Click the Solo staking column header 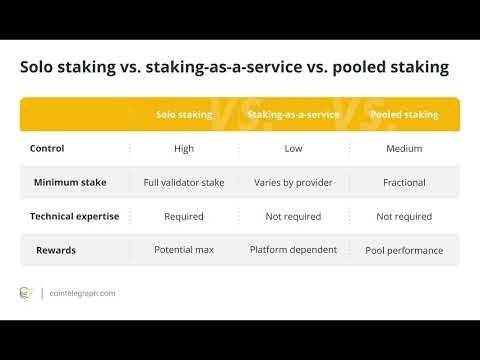tap(184, 115)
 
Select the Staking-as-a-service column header tap(293, 115)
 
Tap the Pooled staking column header tap(404, 115)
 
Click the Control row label tap(47, 149)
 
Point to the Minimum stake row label tap(69, 183)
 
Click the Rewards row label tap(57, 250)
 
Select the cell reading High tap(184, 149)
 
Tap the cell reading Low tap(293, 149)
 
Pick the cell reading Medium tap(404, 149)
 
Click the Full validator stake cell tap(184, 183)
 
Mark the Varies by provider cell tap(293, 183)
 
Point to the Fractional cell tap(404, 183)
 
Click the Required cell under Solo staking tap(184, 216)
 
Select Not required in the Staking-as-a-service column tap(293, 216)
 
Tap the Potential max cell tap(184, 250)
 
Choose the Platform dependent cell tap(293, 250)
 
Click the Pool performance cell tap(404, 250)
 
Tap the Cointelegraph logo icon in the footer tap(27, 293)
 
